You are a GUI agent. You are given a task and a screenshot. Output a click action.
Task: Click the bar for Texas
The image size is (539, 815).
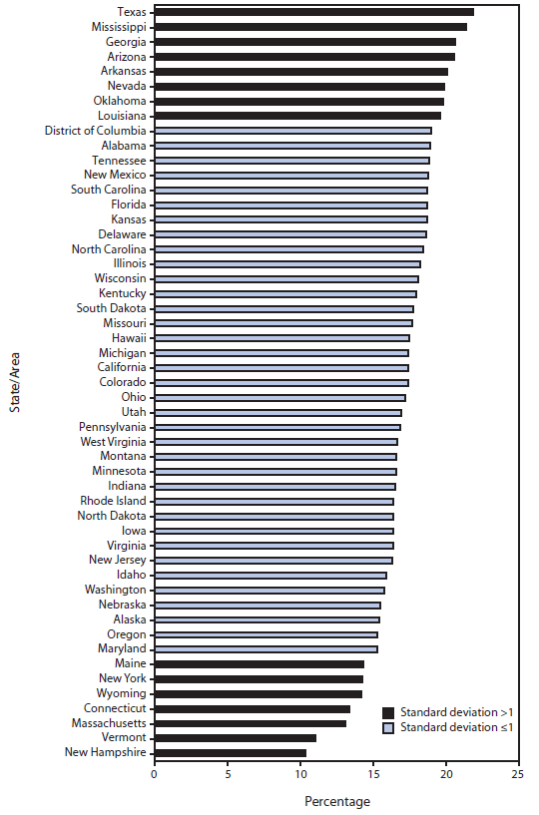coord(313,12)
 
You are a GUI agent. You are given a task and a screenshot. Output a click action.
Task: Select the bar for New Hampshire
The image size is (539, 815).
coord(230,752)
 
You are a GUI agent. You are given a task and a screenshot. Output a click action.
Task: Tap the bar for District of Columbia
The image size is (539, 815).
coord(292,131)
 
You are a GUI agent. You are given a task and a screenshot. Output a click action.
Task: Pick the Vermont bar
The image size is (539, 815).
coord(235,737)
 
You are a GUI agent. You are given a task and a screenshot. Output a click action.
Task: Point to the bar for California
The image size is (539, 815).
coord(280,367)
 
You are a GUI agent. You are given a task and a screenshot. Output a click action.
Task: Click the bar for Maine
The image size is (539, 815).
coord(259,663)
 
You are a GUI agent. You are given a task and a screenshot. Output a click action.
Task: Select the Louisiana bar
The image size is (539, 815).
coord(297,116)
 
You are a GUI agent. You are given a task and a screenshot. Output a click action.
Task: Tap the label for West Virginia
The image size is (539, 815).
coord(113,441)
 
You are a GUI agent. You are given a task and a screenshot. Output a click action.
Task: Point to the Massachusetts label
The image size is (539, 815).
coord(108,722)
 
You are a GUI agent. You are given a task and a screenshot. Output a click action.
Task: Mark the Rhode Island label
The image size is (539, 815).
coord(113,501)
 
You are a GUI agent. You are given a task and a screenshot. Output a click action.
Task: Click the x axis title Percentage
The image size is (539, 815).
coord(336,801)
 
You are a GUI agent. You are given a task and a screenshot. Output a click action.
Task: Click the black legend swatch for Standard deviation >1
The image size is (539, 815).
coord(388,712)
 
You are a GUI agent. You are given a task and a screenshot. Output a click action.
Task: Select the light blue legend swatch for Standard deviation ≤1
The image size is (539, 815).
coord(388,728)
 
